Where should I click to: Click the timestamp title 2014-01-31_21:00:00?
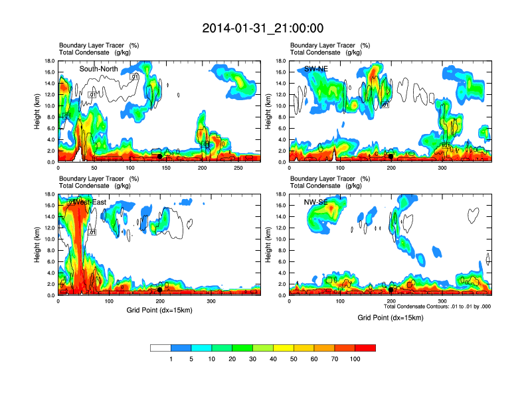pyautogui.click(x=263, y=29)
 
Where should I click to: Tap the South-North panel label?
pyautogui.click(x=100, y=69)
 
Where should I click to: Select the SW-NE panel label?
pyautogui.click(x=317, y=69)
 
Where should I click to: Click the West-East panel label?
pyautogui.click(x=93, y=202)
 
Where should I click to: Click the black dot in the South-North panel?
pyautogui.click(x=159, y=156)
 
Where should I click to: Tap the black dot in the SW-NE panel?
pyautogui.click(x=391, y=156)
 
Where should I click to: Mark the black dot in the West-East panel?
pyautogui.click(x=159, y=289)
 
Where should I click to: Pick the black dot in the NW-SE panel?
pyautogui.click(x=391, y=289)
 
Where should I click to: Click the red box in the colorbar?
pyautogui.click(x=365, y=348)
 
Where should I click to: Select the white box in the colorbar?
pyautogui.click(x=160, y=348)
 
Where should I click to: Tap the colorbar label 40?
pyautogui.click(x=273, y=359)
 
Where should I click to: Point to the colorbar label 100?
pyautogui.click(x=355, y=359)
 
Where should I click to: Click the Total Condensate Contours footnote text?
pyautogui.click(x=438, y=306)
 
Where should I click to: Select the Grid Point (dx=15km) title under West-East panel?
pyautogui.click(x=159, y=310)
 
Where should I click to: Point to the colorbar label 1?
pyautogui.click(x=171, y=359)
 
